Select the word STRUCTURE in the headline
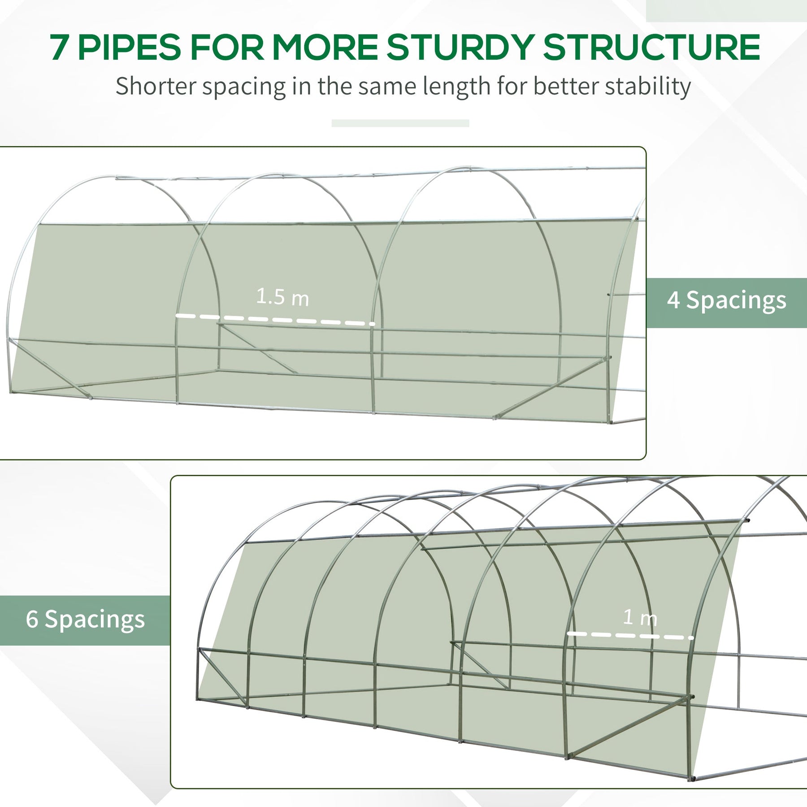[x=652, y=47]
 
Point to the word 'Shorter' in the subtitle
[x=156, y=86]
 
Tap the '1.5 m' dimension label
[x=282, y=297]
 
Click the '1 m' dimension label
[x=640, y=618]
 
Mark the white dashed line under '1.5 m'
[x=275, y=319]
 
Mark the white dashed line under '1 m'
[x=630, y=635]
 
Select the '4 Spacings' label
[x=726, y=300]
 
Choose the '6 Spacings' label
[x=85, y=620]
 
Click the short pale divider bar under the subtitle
[x=400, y=123]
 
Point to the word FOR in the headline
[x=227, y=47]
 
